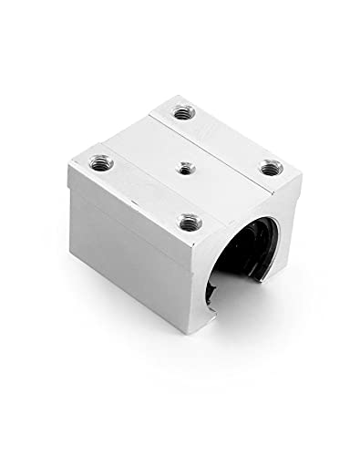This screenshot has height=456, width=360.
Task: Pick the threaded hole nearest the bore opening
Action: pos(190,220)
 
